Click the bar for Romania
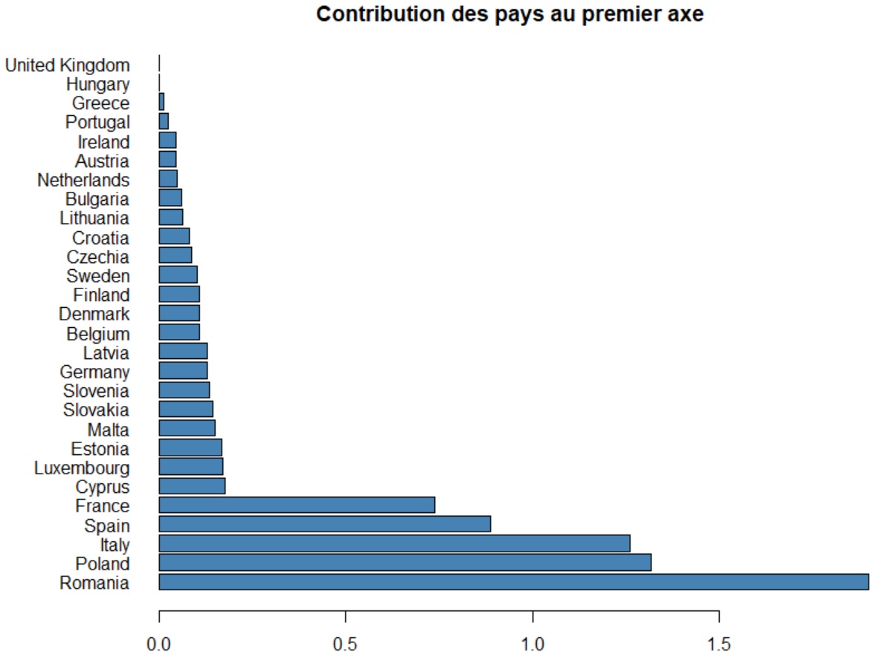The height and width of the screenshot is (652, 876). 513,582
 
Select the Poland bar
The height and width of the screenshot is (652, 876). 405,563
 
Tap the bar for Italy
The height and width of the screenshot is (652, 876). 394,543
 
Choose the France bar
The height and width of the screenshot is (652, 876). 297,506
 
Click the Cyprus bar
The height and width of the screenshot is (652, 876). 192,486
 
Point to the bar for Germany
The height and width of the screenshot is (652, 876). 183,371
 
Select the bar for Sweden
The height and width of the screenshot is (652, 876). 178,275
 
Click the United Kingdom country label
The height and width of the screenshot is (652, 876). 67,65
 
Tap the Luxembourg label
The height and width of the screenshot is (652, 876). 82,468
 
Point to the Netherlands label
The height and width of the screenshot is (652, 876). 83,180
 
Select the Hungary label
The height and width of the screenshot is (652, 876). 97,85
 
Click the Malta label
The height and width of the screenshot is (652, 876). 108,430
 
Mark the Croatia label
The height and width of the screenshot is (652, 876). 100,238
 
